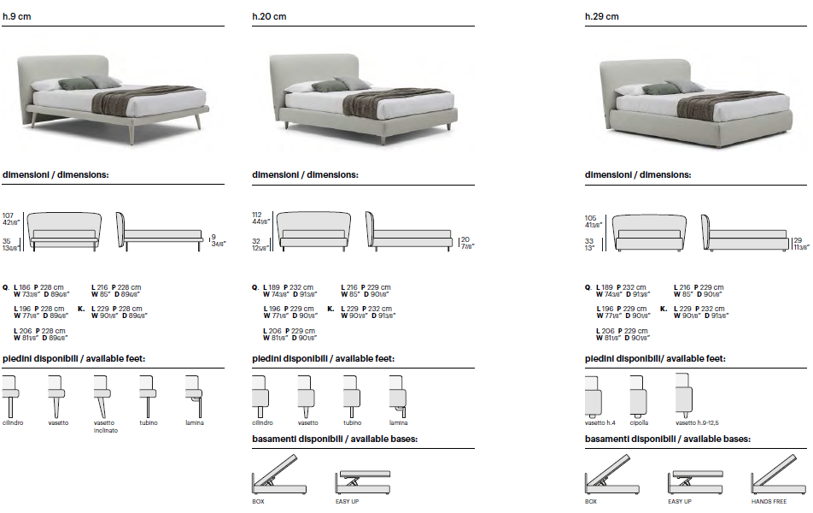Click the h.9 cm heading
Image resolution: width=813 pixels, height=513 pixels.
coord(17,16)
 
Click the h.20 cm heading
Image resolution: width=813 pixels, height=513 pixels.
coord(269,16)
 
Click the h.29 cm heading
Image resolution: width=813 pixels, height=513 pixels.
coord(602,16)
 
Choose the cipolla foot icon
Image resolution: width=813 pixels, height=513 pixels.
coord(639,396)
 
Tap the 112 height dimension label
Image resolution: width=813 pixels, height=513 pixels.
coord(256,214)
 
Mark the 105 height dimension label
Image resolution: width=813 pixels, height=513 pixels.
coord(590,218)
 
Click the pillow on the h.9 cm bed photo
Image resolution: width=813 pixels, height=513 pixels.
coord(82,83)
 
